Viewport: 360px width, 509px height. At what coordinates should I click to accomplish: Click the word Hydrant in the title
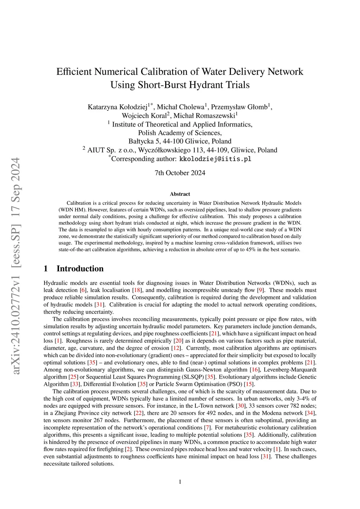click(203, 85)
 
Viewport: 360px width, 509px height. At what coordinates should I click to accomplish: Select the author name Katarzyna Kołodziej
click(117, 107)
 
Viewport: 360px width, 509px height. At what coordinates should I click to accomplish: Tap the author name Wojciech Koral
click(144, 116)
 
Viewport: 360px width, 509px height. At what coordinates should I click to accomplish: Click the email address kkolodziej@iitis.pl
click(215, 159)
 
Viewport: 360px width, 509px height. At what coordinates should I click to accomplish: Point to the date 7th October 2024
click(180, 173)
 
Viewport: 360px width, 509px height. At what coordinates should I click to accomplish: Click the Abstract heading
click(180, 194)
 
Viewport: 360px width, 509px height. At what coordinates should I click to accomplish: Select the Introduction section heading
click(80, 269)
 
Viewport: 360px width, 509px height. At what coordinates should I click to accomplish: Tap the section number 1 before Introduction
click(46, 269)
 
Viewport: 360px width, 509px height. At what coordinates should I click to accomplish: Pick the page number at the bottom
click(180, 482)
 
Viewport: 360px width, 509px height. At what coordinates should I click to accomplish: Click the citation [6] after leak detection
click(83, 290)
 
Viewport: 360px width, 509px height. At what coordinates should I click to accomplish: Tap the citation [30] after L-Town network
click(241, 406)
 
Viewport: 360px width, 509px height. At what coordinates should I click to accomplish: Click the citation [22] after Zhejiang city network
click(139, 413)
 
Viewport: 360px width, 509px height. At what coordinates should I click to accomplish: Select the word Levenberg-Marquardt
click(290, 370)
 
